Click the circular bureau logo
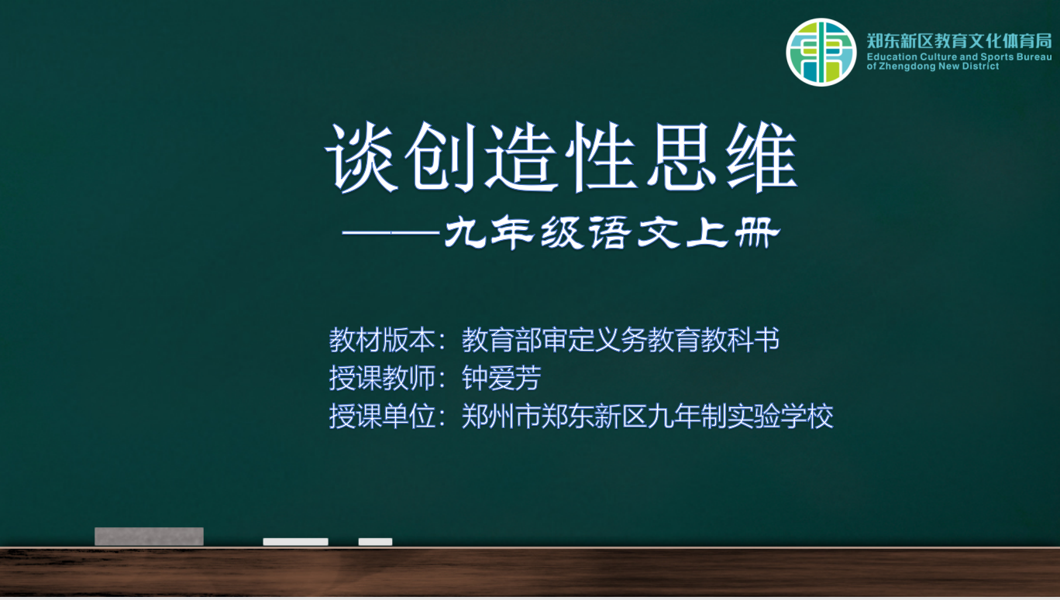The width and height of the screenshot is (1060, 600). pos(821,52)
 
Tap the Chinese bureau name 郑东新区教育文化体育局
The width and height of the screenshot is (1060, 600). pos(959,41)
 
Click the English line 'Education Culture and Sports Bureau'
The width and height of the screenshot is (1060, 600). pos(959,57)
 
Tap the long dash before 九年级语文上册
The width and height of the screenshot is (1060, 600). pos(391,232)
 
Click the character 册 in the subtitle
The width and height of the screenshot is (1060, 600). pos(757,232)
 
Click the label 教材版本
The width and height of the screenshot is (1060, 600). pos(382,339)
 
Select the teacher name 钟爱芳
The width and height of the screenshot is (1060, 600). pos(501,378)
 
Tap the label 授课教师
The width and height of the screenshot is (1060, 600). pos(382,378)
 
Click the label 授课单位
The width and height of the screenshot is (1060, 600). pos(382,416)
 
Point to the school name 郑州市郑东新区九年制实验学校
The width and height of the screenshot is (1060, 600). pos(647,416)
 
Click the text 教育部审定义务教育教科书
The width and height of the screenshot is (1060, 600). pos(621,339)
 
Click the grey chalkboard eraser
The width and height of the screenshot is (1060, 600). pos(149,537)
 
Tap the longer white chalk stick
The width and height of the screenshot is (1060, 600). pos(296,542)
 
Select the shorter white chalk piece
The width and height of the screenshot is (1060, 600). pos(375,542)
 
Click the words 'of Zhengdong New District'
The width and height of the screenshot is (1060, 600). pos(933,67)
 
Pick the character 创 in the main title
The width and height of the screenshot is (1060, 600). pos(441,157)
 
